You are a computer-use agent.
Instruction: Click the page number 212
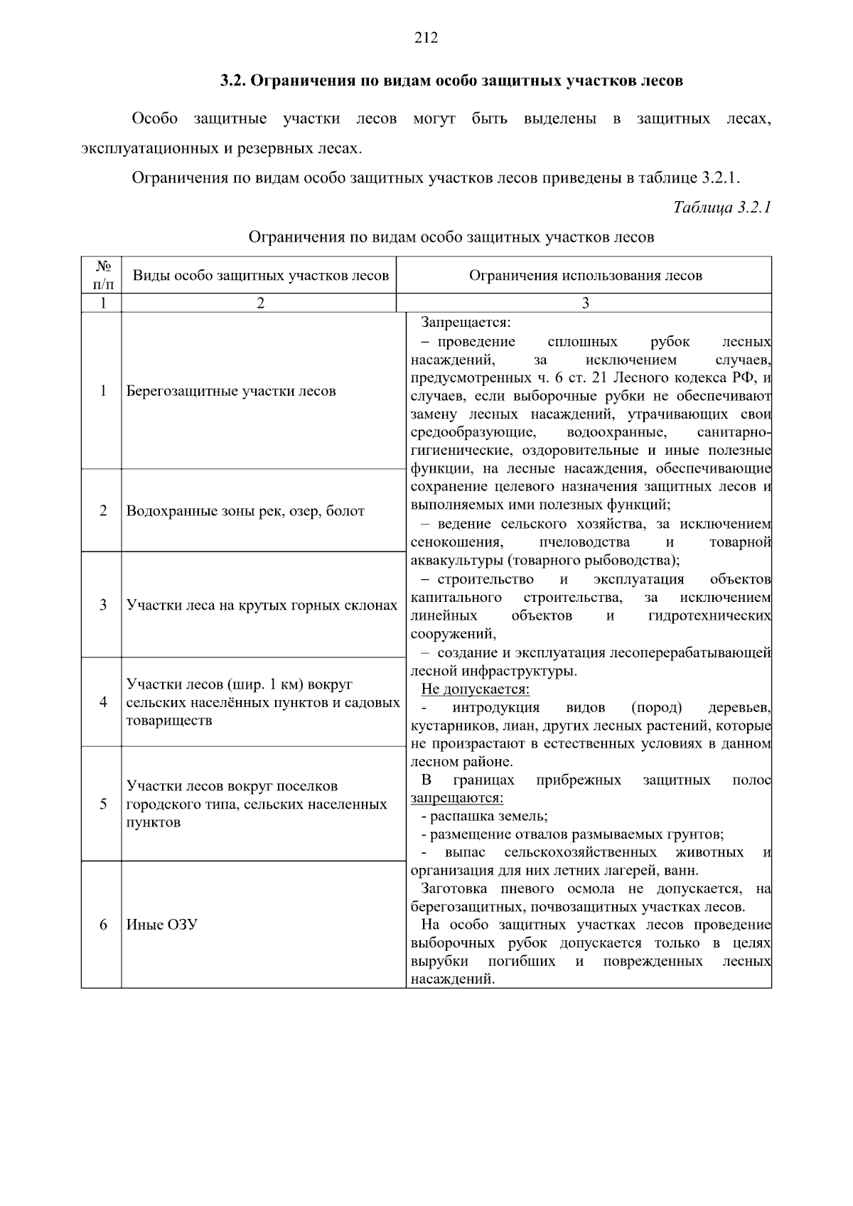pos(426,38)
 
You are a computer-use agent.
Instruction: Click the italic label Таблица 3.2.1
pos(721,208)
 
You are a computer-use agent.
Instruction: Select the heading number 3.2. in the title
pos(232,80)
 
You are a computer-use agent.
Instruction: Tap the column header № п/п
pos(102,275)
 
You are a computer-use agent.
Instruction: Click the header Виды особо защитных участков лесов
pos(261,276)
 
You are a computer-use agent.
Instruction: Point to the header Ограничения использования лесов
pos(585,276)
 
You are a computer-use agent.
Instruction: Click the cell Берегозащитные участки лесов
pos(231,391)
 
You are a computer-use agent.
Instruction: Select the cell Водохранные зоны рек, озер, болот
pos(245,511)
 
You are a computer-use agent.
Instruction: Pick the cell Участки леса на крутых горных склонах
pos(262,605)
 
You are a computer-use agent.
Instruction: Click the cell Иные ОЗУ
pos(161,925)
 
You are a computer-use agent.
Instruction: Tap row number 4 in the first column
pos(103,702)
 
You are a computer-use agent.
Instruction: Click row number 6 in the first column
pos(103,925)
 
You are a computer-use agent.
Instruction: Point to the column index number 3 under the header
pos(585,303)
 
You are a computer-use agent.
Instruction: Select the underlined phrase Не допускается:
pos(475,689)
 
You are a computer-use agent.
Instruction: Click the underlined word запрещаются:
pos(456,798)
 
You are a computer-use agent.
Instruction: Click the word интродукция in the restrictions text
pos(495,708)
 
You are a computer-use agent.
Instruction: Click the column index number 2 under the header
pos(260,303)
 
